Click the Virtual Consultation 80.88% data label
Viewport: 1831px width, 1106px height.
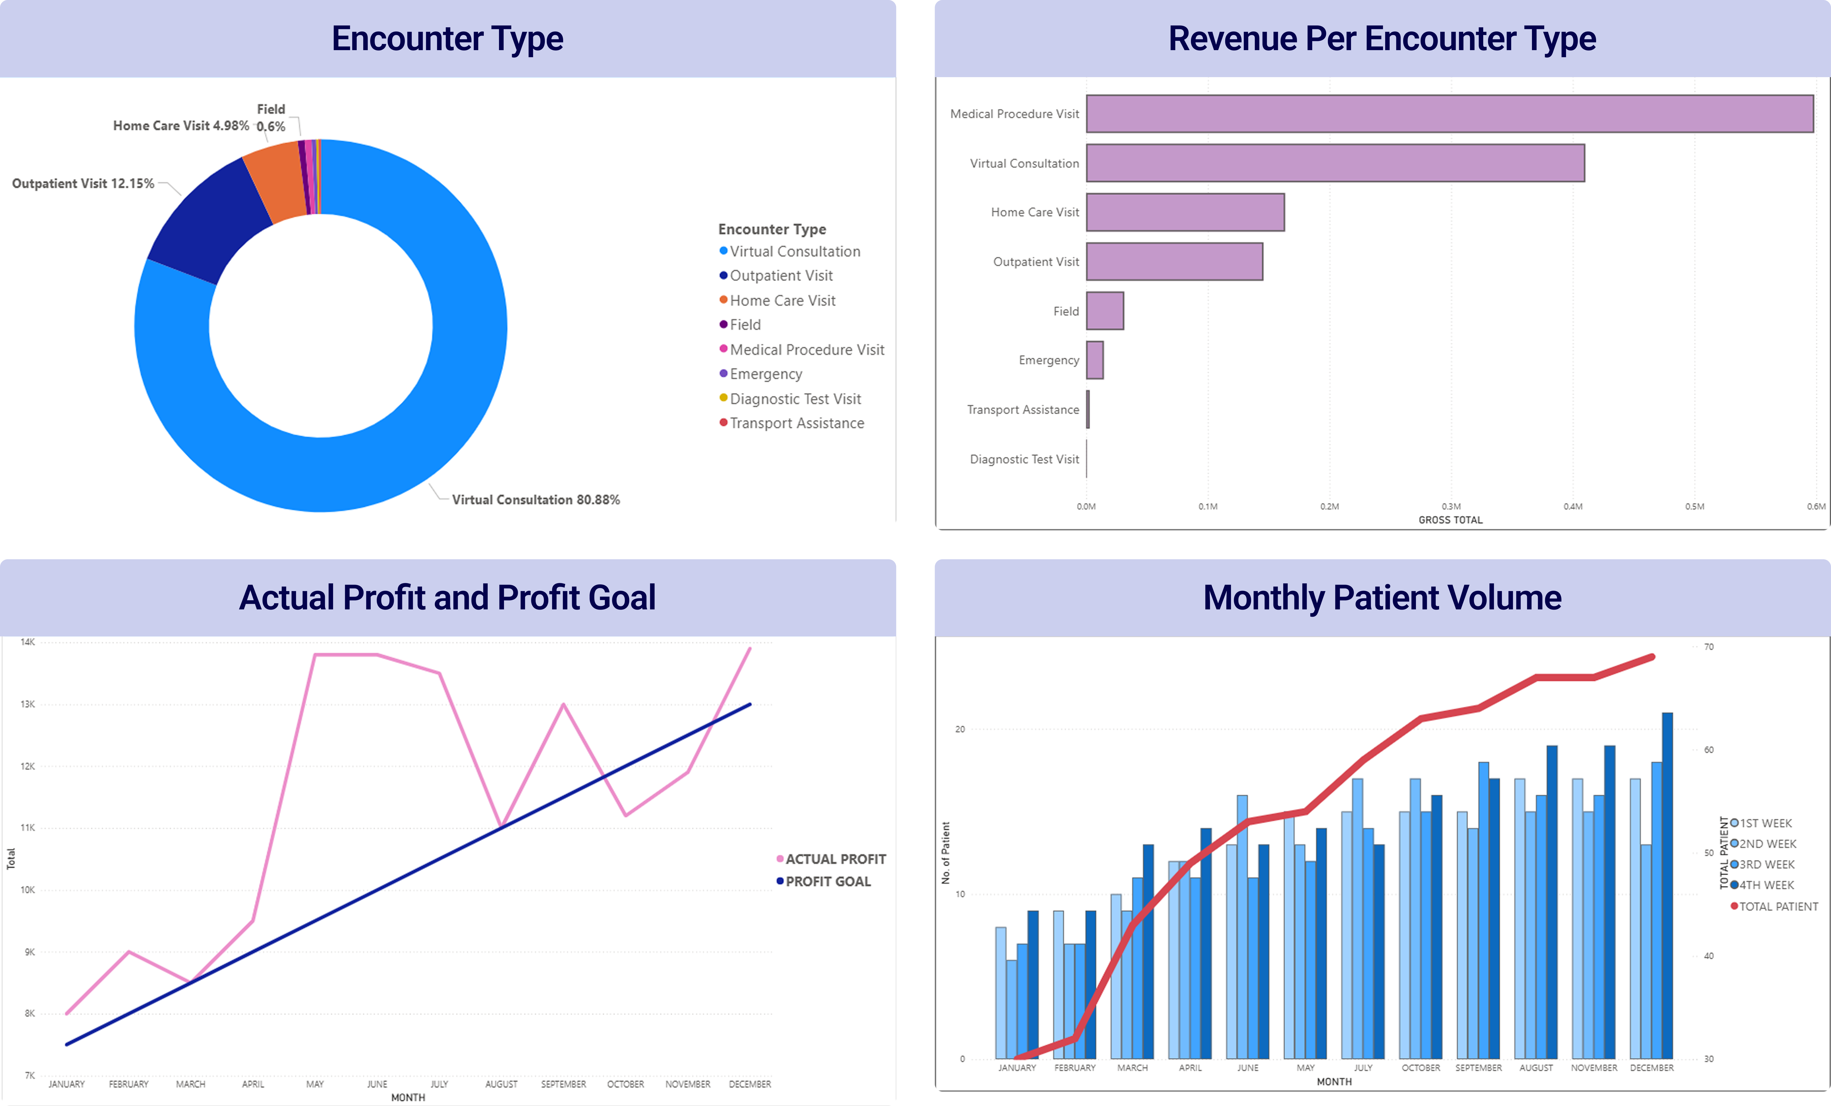(x=535, y=500)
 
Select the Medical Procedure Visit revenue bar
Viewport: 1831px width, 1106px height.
(x=1449, y=114)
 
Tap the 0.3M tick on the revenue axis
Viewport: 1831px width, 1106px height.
(x=1450, y=506)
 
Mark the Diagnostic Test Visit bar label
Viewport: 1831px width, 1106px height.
(x=1024, y=460)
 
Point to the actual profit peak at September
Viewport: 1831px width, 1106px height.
(x=563, y=704)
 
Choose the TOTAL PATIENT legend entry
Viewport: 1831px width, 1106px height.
(x=1777, y=907)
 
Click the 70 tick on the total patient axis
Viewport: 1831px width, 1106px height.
(x=1709, y=647)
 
